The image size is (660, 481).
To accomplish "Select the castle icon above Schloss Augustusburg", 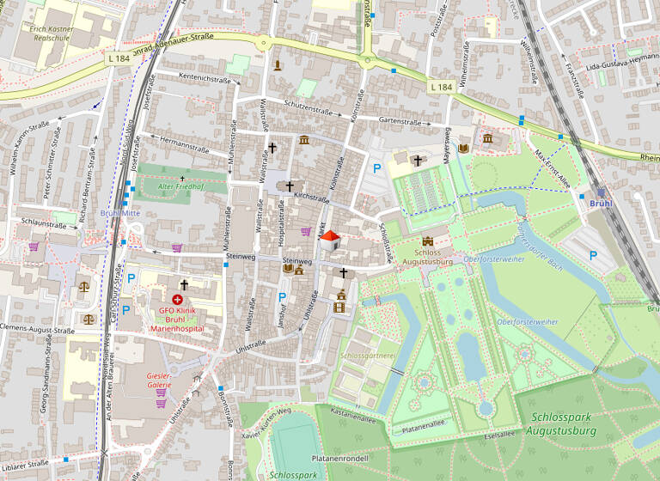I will pos(428,242).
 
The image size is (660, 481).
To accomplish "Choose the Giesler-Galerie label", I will pos(160,381).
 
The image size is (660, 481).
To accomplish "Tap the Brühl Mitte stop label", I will pos(119,213).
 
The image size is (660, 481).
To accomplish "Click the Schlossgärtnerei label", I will pos(368,355).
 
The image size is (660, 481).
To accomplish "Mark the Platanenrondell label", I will pos(341,459).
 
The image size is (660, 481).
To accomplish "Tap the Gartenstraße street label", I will pos(400,122).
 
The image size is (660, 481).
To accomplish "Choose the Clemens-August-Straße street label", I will pos(39,328).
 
